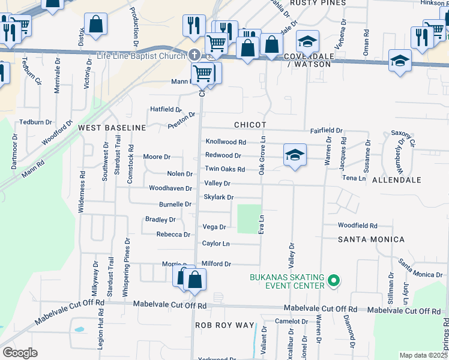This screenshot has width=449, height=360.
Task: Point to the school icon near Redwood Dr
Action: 295,155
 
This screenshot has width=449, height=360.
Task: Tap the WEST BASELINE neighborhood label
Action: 112,128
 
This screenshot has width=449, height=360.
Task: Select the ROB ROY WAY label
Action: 225,325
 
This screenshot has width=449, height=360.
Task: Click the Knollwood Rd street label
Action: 226,142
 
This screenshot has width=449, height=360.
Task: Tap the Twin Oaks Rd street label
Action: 225,169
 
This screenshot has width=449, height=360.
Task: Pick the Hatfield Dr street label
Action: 166,109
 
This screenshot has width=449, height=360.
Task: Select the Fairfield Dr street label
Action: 326,130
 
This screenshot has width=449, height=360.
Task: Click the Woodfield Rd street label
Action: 357,226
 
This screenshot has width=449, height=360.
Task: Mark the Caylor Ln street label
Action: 215,244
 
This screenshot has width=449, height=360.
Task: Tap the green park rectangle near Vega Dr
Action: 250,219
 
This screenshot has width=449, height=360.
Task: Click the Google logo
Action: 20,353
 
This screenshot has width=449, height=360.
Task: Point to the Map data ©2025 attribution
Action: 423,355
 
